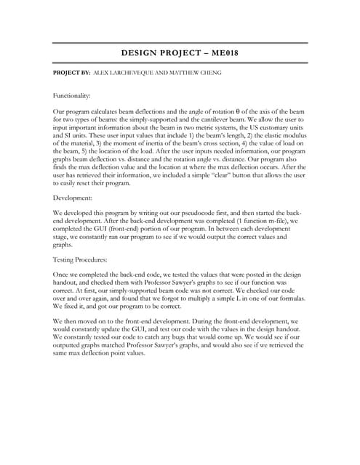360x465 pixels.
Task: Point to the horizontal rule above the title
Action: click(180, 43)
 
